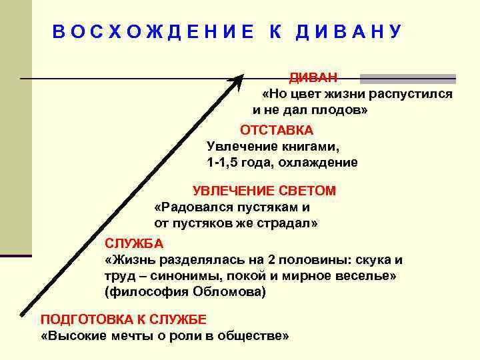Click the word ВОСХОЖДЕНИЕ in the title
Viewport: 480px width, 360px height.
153,32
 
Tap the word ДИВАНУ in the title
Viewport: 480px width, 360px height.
349,32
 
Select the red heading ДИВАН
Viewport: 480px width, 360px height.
313,78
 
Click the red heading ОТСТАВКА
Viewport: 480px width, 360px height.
276,129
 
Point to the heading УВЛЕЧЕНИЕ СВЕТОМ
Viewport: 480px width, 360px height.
264,191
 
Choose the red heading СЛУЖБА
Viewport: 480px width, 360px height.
129,243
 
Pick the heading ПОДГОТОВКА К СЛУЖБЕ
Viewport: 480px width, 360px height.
124,319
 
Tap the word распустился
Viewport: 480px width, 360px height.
414,94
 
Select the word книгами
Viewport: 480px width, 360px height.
305,145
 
